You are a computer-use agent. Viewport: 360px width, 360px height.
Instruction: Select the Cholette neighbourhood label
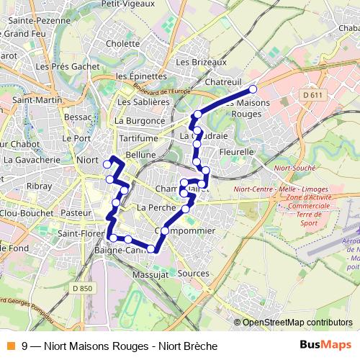[122, 43]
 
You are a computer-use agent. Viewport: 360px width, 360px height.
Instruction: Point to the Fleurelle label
[235, 153]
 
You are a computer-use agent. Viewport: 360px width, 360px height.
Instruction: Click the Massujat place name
[151, 275]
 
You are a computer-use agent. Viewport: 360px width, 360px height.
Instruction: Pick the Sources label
[192, 274]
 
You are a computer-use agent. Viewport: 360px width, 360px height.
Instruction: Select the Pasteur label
[76, 214]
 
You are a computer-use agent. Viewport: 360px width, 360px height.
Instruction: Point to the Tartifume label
[138, 138]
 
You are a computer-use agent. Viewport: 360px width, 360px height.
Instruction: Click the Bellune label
[140, 155]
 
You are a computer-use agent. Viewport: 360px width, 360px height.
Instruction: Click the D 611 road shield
[312, 94]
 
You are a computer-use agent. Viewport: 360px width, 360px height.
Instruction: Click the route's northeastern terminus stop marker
[253, 89]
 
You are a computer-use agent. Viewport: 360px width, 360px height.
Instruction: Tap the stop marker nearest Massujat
[151, 249]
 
